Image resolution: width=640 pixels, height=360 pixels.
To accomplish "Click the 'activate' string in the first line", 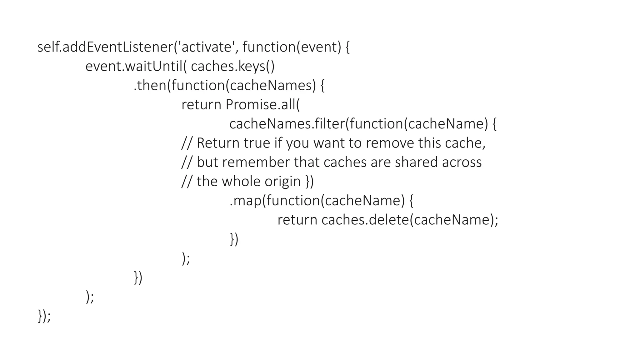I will tap(206, 47).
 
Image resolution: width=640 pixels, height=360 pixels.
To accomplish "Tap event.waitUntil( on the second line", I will tap(136, 66).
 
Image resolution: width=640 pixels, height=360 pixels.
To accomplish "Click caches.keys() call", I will tap(232, 66).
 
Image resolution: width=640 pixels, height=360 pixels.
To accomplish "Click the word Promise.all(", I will tap(262, 105).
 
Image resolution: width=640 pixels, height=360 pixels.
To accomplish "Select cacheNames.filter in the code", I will tap(286, 124).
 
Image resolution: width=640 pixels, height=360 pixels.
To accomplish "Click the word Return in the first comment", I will tap(218, 143).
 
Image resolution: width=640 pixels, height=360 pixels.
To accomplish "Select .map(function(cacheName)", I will tap(317, 201).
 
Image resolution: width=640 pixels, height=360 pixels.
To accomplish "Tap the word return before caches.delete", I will tap(297, 220).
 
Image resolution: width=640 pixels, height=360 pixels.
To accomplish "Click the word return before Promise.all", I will tap(201, 105).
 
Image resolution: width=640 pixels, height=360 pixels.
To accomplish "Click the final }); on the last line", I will tap(44, 316).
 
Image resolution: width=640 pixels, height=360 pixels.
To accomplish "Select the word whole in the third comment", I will tap(241, 182).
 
